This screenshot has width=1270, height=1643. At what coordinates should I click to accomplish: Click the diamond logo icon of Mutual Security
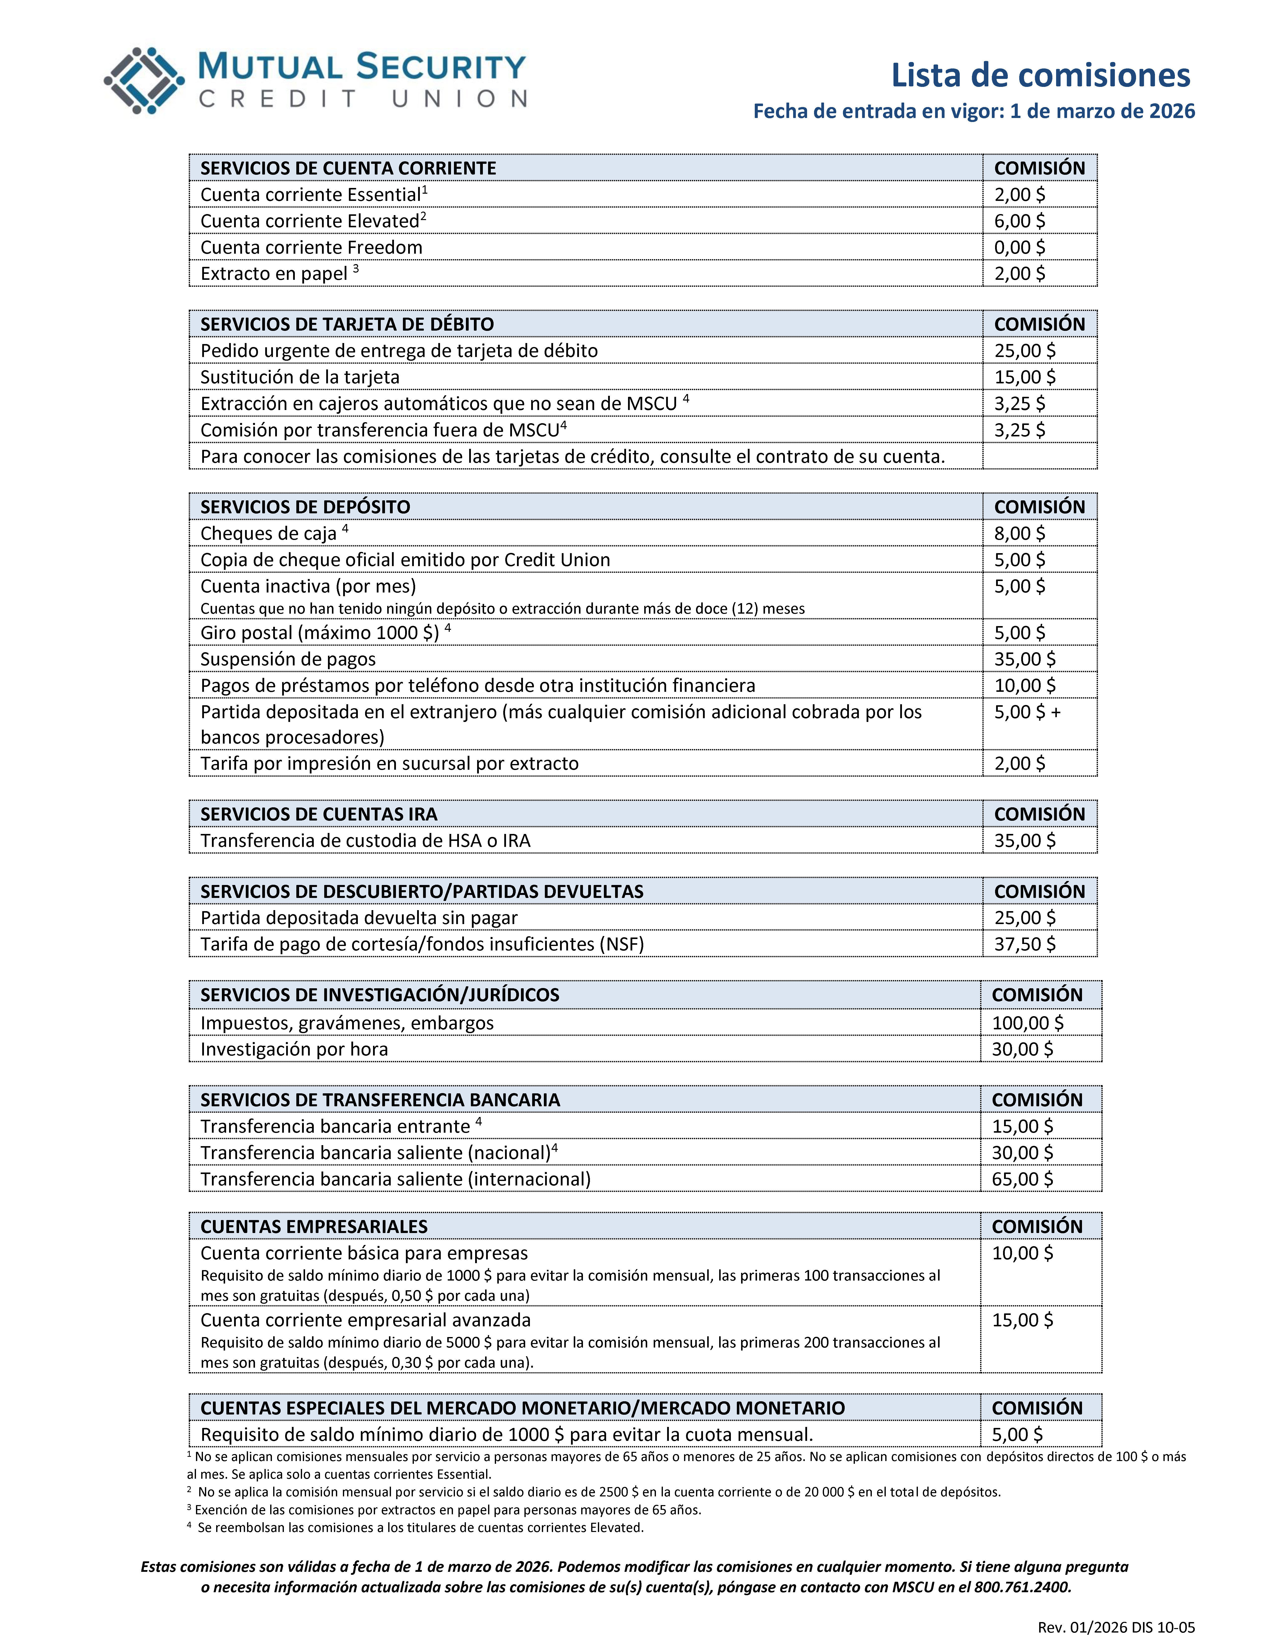coord(144,80)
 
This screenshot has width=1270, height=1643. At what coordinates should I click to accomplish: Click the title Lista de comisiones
coord(1040,75)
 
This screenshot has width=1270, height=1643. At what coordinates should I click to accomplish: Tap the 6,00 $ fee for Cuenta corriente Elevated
coord(1019,220)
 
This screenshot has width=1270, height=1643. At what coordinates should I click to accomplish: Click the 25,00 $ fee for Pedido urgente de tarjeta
coord(1025,351)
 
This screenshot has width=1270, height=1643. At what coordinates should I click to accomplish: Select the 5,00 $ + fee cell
coord(1027,712)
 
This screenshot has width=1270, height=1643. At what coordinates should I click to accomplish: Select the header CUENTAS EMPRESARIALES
coord(314,1226)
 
